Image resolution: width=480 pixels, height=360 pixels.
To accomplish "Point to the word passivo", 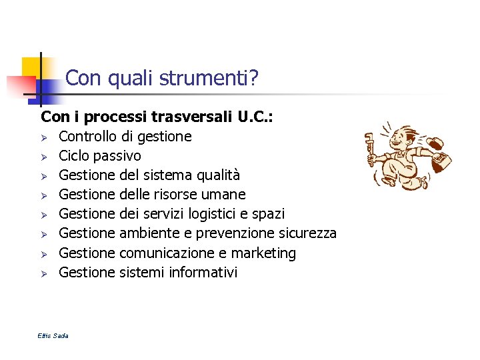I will (x=117, y=156).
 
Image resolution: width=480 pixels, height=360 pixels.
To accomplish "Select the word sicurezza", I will (x=307, y=233).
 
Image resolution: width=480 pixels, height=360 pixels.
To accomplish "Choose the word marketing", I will (x=265, y=253).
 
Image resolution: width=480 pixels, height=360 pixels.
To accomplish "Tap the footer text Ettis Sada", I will (x=53, y=335).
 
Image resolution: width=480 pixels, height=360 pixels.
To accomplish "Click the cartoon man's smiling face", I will (x=399, y=141).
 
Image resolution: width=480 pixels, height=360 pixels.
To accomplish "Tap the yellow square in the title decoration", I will (x=31, y=67).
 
